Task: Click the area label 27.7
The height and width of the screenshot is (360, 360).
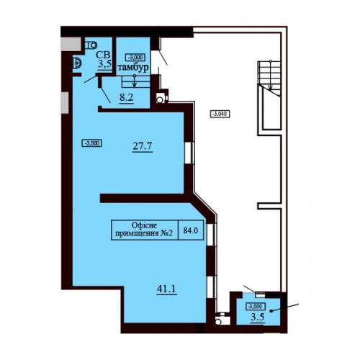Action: (x=143, y=145)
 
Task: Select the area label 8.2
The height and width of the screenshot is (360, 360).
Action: (x=126, y=98)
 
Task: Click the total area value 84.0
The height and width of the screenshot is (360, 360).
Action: (x=191, y=230)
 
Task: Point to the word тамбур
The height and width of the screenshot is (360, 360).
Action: (x=133, y=68)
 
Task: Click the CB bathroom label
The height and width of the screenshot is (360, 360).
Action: (x=103, y=55)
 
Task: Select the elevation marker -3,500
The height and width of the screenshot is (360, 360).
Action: (x=92, y=143)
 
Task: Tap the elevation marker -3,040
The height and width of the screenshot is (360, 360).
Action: (x=220, y=114)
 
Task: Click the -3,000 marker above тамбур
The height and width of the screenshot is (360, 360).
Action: (x=135, y=58)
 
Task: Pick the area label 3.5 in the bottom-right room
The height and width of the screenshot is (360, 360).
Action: (x=258, y=317)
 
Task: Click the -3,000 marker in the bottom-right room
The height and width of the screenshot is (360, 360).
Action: (x=256, y=306)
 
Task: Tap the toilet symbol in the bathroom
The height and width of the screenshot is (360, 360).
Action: (x=91, y=45)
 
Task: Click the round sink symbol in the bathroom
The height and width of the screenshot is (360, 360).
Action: (x=77, y=63)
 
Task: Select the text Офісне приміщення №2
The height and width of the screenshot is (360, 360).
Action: (x=144, y=229)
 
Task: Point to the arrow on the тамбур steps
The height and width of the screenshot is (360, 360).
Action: (x=135, y=81)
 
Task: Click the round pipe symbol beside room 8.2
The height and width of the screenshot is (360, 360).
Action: (x=159, y=99)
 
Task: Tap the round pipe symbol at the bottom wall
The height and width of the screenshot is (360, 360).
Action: (x=218, y=321)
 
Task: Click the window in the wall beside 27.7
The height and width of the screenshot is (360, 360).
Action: (x=189, y=153)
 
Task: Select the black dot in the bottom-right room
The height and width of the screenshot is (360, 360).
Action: (x=271, y=311)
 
